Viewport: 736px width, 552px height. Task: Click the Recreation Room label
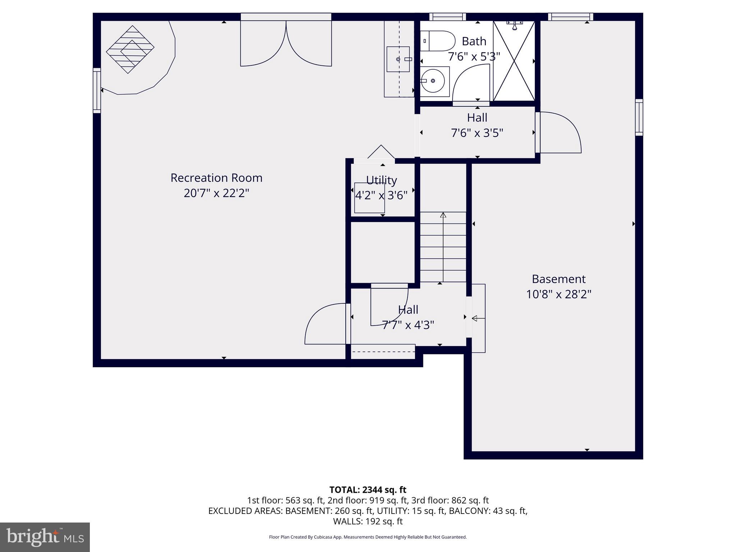216,178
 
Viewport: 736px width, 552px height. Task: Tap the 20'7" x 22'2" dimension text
216,193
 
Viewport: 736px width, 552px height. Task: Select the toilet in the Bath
437,41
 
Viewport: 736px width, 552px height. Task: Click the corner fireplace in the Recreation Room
130,50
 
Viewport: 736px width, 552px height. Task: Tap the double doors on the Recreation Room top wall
286,43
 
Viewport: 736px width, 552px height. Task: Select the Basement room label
558,279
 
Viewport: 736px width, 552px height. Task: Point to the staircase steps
443,248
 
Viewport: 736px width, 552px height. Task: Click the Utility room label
381,180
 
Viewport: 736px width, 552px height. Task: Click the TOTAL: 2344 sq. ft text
368,490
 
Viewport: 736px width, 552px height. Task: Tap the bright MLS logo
45,537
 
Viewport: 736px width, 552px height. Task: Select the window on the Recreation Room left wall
97,91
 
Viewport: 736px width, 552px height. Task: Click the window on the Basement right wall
639,117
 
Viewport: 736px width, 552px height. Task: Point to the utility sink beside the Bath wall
398,59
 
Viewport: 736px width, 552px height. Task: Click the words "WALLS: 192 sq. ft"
368,521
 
